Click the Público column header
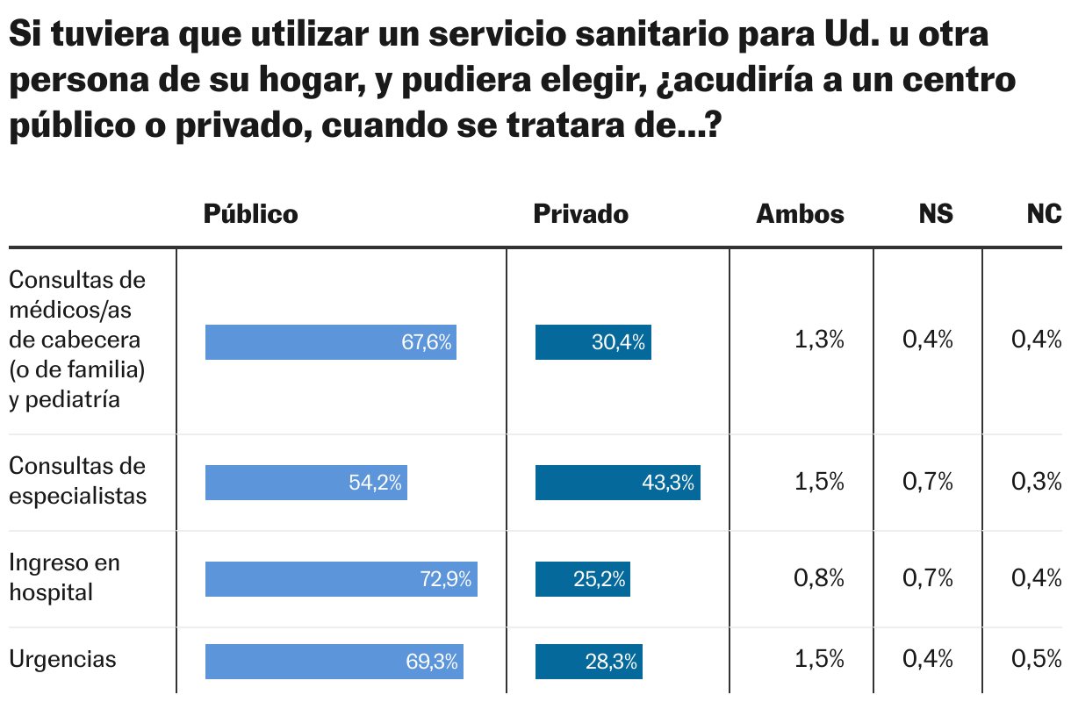click(x=250, y=214)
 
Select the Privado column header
click(x=580, y=214)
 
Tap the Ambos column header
click(x=800, y=214)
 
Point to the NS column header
click(x=936, y=214)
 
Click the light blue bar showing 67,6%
click(x=330, y=342)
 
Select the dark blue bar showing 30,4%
click(x=593, y=342)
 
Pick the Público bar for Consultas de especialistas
click(x=305, y=483)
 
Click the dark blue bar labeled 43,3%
click(x=617, y=483)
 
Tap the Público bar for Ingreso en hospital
click(x=341, y=579)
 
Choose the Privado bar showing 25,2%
click(x=582, y=579)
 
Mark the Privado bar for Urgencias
click(x=588, y=662)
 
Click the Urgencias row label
click(x=62, y=660)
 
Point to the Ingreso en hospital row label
click(x=64, y=577)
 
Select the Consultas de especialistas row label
click(x=77, y=481)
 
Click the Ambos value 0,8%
click(x=818, y=578)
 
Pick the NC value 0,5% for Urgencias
click(x=1037, y=661)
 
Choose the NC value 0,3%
click(x=1037, y=482)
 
